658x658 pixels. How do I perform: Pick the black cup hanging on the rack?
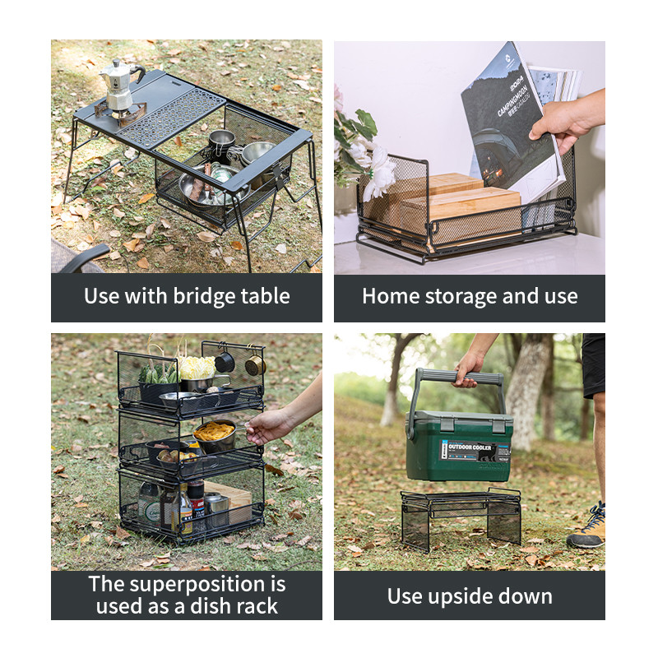tap(225, 361)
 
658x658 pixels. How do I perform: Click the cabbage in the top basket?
tap(196, 367)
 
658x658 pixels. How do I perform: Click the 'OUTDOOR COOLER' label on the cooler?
tap(471, 449)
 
